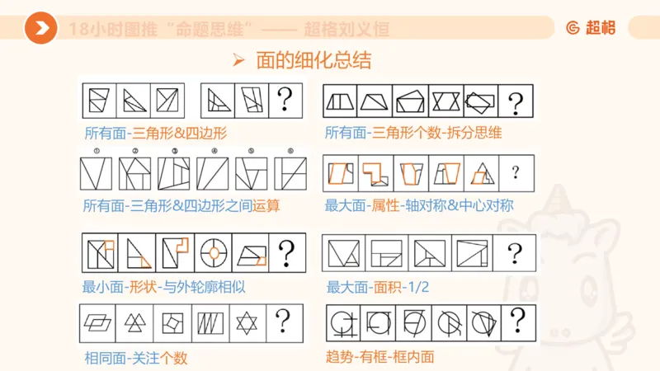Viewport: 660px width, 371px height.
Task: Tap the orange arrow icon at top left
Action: point(40,29)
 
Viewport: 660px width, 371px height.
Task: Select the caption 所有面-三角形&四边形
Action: point(155,132)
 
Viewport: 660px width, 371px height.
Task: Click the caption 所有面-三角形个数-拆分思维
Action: point(413,132)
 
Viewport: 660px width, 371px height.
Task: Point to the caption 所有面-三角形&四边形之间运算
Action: point(181,205)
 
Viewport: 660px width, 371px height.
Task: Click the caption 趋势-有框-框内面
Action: point(380,358)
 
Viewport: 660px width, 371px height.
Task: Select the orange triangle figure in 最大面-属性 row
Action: point(481,172)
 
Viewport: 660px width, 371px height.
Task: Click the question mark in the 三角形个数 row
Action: point(516,102)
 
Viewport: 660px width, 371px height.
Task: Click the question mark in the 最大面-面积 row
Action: point(516,253)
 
